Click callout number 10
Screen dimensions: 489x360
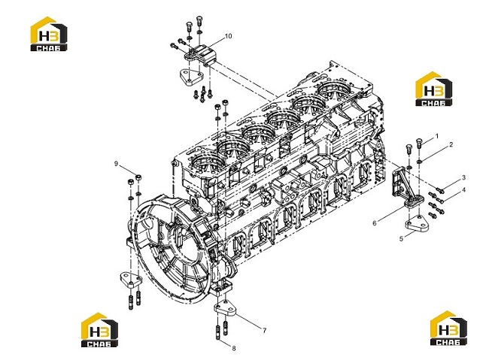click(x=228, y=36)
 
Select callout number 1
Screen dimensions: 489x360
click(x=437, y=136)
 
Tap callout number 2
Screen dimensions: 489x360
click(x=451, y=144)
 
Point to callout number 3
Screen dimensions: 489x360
click(x=463, y=177)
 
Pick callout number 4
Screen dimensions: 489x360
click(x=463, y=190)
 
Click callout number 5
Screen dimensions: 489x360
click(x=402, y=239)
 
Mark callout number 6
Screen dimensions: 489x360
click(x=375, y=223)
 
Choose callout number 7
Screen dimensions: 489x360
click(x=265, y=331)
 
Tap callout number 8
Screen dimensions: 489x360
click(x=234, y=349)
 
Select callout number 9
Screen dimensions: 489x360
click(x=116, y=164)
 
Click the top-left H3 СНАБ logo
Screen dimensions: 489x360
click(x=49, y=34)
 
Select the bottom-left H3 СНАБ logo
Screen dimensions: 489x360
click(x=99, y=330)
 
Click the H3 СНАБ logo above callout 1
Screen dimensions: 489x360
click(x=434, y=89)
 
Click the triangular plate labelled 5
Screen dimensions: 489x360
click(x=417, y=224)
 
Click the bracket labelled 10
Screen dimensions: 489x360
click(x=199, y=56)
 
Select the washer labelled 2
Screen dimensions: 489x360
click(x=420, y=161)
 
